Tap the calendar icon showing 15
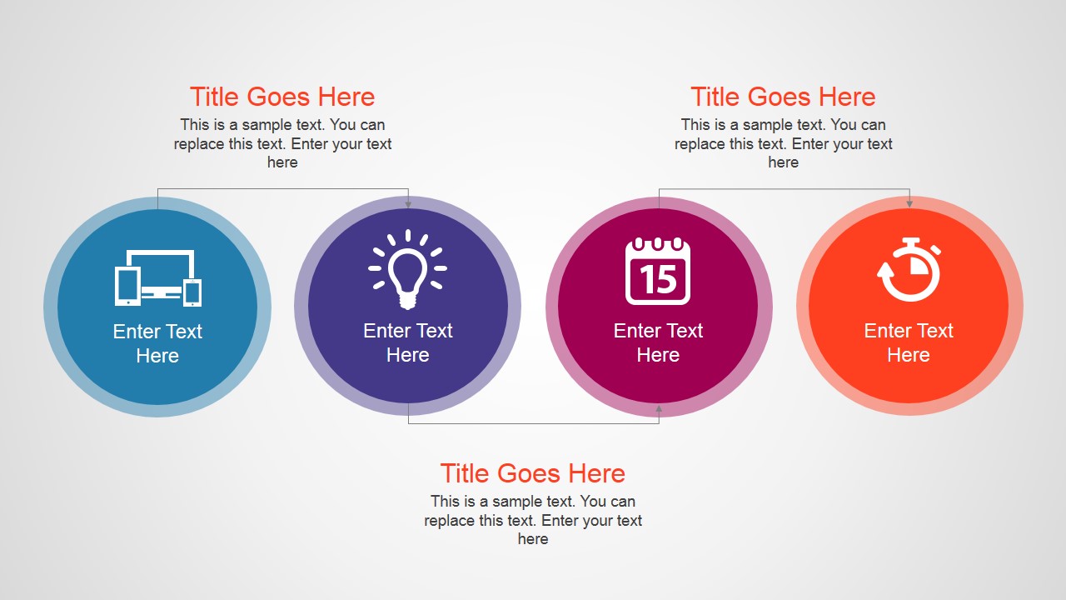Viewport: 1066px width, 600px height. pos(658,272)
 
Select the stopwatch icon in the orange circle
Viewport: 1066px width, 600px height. pos(909,270)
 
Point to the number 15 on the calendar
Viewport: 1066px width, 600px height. pos(658,280)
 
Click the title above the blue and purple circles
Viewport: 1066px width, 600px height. pos(282,97)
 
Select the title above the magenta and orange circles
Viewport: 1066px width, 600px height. pos(783,97)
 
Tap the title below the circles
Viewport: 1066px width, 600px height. pos(533,473)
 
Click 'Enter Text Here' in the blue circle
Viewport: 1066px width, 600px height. pos(157,343)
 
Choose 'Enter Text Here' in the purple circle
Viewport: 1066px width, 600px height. pos(408,342)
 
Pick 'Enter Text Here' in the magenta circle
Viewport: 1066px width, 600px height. pos(658,342)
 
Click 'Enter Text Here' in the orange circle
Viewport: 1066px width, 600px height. pos(909,342)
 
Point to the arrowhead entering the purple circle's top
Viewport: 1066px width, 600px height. pos(408,203)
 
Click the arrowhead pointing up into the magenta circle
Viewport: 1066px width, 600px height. pos(659,409)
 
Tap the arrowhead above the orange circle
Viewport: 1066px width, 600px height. pos(909,202)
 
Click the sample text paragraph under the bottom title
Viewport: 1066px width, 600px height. pos(533,520)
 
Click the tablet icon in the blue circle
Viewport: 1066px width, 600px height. pos(127,287)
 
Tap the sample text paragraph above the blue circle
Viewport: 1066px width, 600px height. pos(282,143)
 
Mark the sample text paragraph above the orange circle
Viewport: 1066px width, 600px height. pos(783,143)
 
